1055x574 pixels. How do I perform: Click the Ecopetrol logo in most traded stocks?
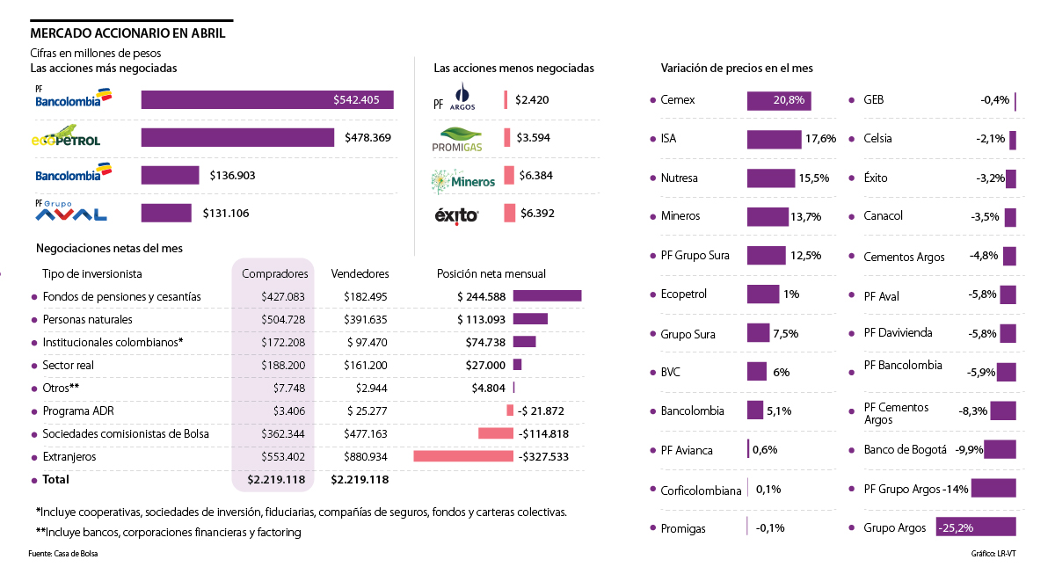coord(66,138)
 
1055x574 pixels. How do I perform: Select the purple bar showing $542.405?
coord(267,100)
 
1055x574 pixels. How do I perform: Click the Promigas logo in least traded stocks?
coord(458,139)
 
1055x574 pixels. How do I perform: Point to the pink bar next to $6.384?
coord(509,176)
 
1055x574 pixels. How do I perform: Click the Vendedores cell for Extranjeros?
coord(360,457)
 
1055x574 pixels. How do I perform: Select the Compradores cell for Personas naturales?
coord(282,319)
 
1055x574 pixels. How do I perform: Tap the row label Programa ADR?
coord(78,411)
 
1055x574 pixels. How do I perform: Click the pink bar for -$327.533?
coord(462,457)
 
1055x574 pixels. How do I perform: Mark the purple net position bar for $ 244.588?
coord(547,296)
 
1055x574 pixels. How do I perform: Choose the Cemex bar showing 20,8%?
coord(778,100)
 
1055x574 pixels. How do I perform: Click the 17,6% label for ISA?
coord(820,139)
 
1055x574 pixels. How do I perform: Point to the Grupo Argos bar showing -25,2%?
coord(975,527)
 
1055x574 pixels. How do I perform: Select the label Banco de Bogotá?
coord(905,450)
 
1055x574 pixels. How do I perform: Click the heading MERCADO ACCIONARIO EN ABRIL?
coord(127,33)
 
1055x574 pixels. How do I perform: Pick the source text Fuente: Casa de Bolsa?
coord(63,554)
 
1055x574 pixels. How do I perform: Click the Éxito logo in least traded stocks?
coord(457,214)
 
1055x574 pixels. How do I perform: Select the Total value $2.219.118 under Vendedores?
coord(360,480)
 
